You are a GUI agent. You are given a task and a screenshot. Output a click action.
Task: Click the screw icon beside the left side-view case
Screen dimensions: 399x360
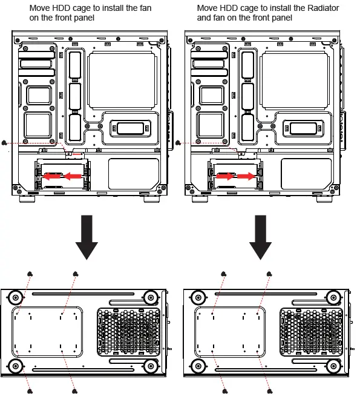coord(5,143)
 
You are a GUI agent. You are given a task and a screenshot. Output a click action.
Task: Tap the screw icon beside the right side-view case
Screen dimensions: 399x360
coord(178,143)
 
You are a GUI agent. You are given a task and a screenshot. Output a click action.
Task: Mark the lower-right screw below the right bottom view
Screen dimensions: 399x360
coord(269,391)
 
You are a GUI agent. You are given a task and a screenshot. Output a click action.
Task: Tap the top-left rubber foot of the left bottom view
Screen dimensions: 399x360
coord(16,297)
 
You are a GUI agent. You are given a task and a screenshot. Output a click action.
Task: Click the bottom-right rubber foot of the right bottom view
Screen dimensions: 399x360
coord(332,366)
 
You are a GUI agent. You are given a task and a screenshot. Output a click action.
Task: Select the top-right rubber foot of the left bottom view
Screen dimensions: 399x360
coord(150,297)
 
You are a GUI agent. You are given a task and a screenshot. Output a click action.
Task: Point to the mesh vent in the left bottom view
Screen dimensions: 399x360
coord(128,332)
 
